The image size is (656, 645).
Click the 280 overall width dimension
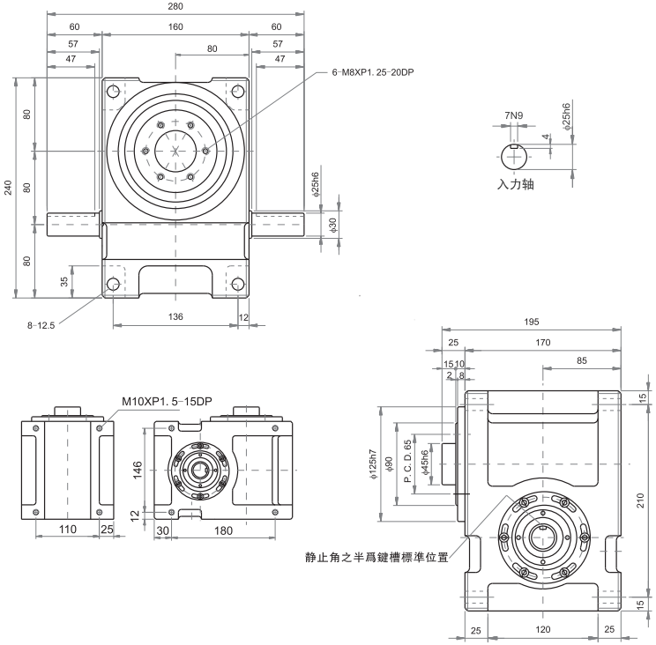tap(175, 8)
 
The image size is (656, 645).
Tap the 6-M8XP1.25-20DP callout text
tap(373, 71)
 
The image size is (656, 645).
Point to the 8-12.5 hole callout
tap(41, 325)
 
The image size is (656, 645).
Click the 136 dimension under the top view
tap(175, 317)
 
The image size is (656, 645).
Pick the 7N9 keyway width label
tap(515, 115)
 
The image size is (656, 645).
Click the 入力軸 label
tap(516, 185)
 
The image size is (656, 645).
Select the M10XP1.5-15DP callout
tap(167, 401)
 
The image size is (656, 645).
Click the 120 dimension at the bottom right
tap(542, 629)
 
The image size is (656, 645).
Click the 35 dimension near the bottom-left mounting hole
tap(64, 282)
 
